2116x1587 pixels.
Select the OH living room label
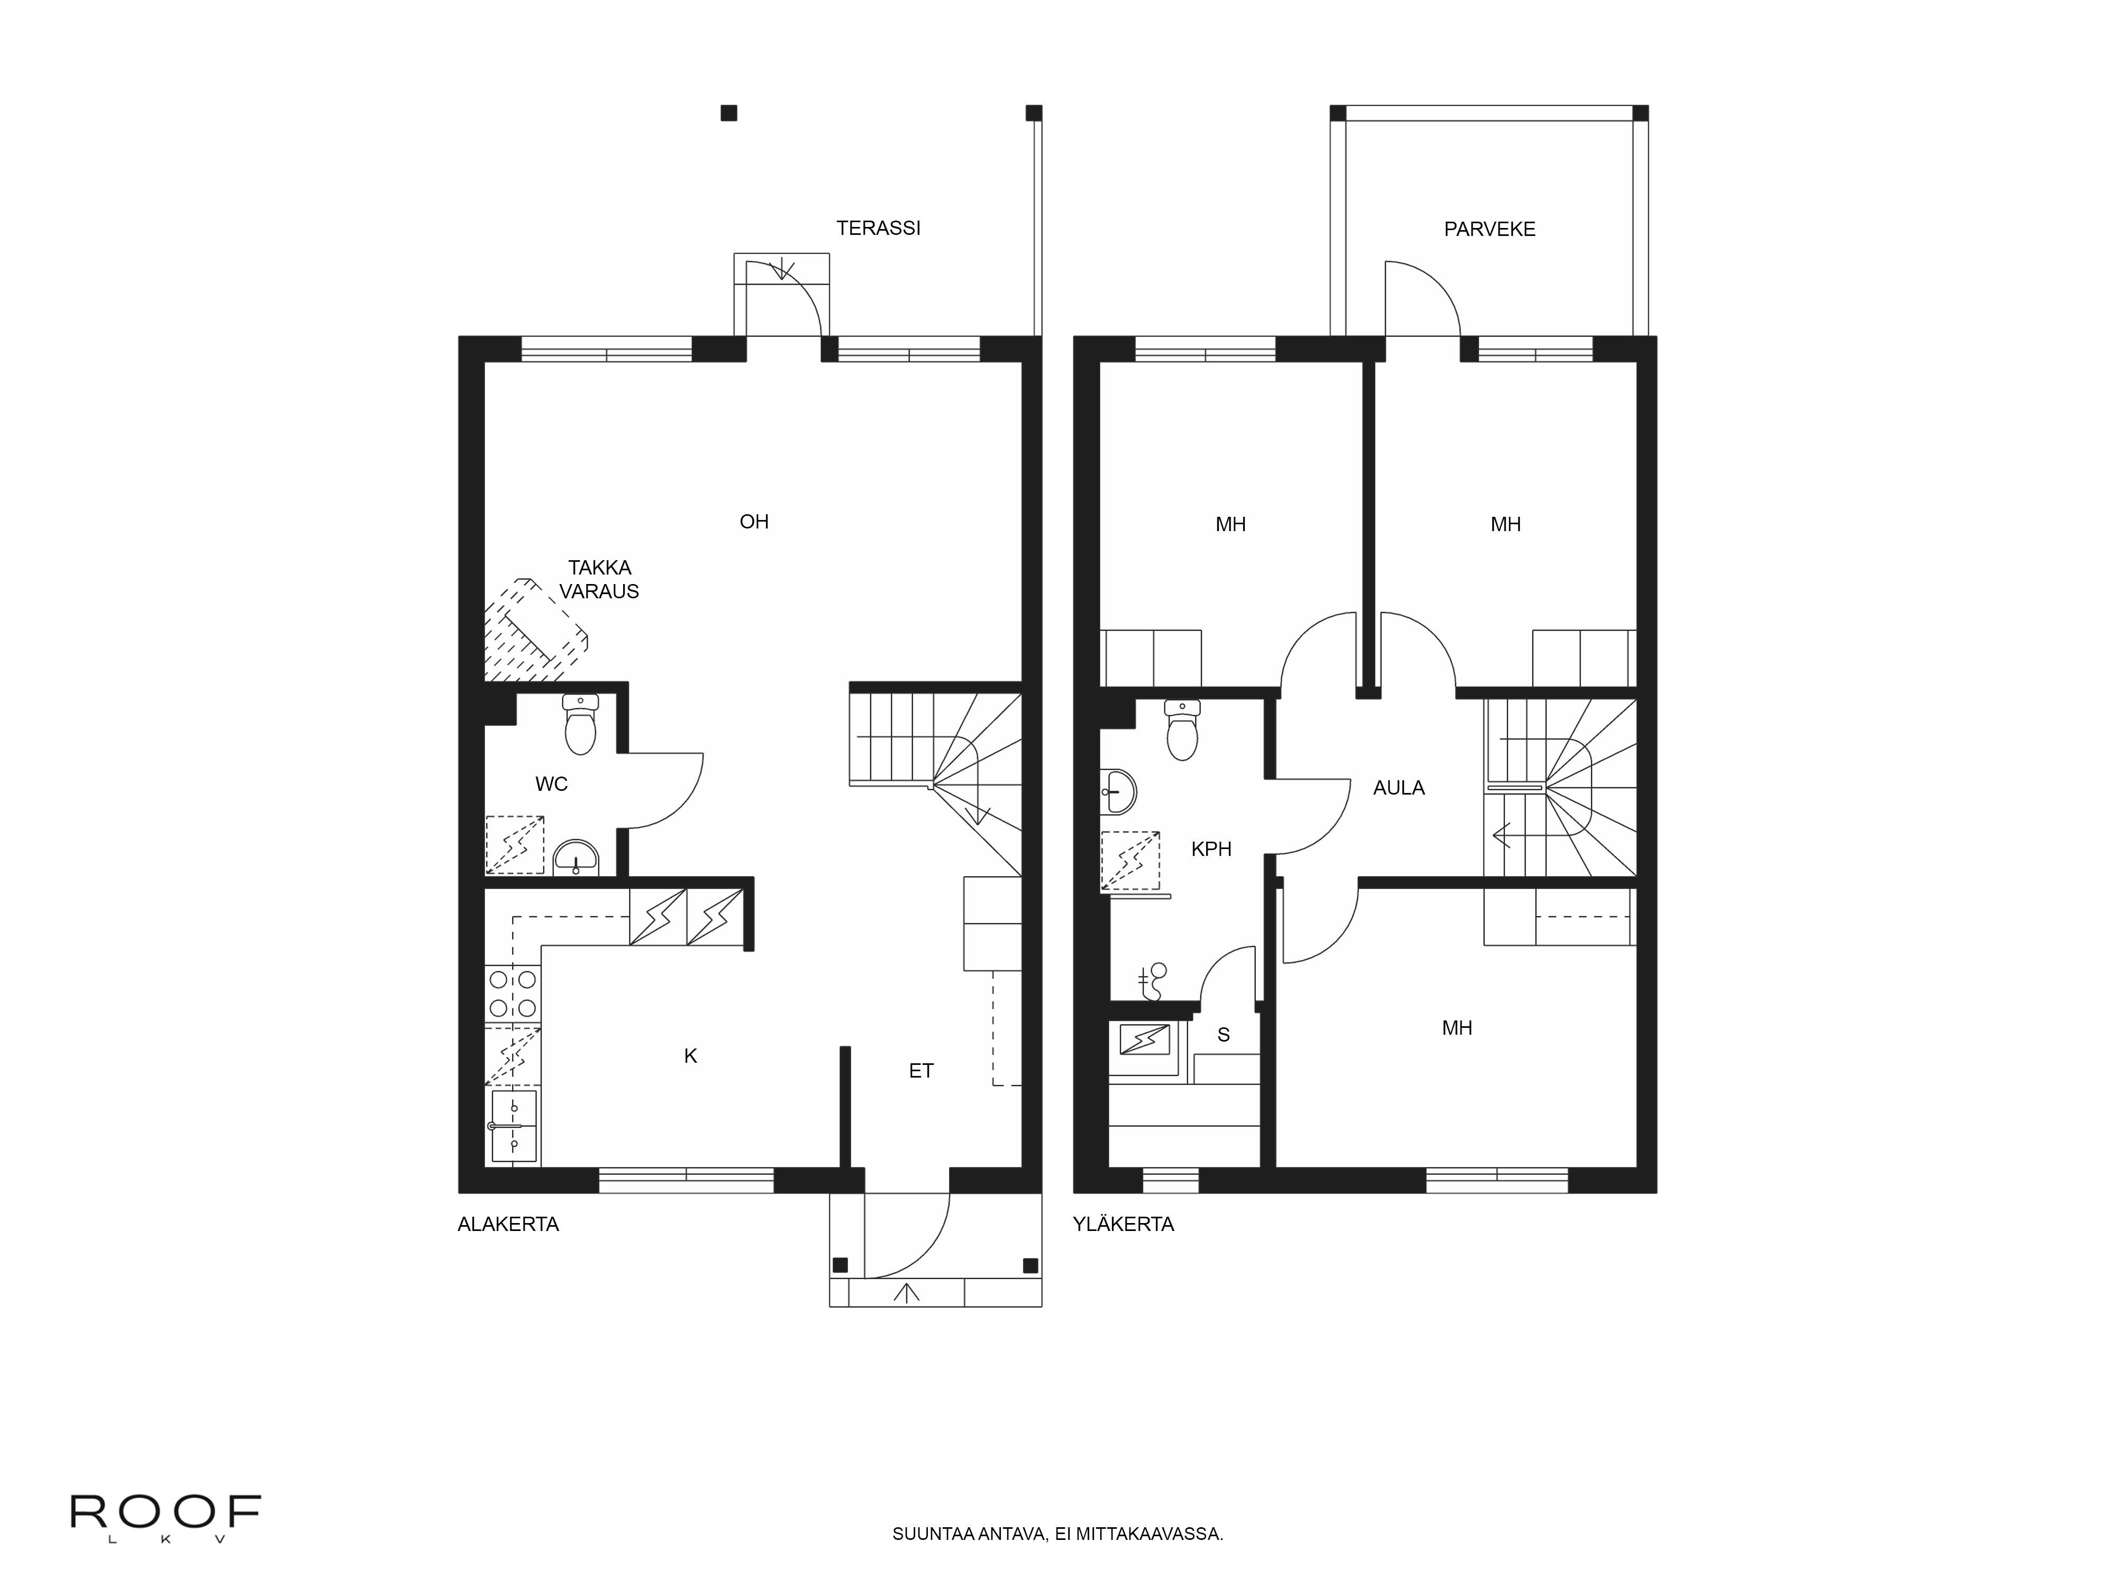[754, 522]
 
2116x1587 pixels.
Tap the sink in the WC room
[576, 858]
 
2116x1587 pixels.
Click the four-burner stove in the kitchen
[513, 994]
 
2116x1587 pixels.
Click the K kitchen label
[691, 1056]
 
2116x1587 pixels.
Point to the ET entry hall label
[921, 1071]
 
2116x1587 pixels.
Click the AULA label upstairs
[1399, 788]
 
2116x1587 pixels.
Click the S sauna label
[1224, 1035]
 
